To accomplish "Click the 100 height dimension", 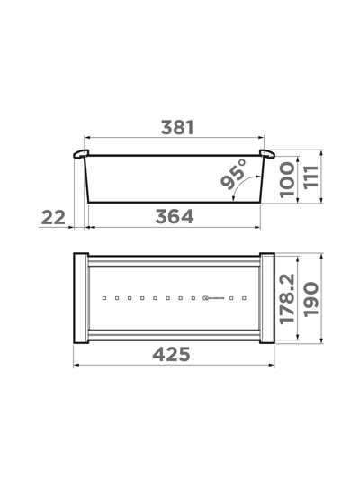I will point(286,182).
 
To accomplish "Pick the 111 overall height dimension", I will point(310,177).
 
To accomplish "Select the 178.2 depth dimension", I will point(286,297).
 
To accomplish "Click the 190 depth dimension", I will point(310,297).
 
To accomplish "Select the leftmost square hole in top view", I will point(104,296).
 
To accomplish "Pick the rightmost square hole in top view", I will point(242,296).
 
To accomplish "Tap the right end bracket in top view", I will point(266,297).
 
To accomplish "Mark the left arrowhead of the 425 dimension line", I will point(76,366).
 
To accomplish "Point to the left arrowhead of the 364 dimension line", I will point(88,227).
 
